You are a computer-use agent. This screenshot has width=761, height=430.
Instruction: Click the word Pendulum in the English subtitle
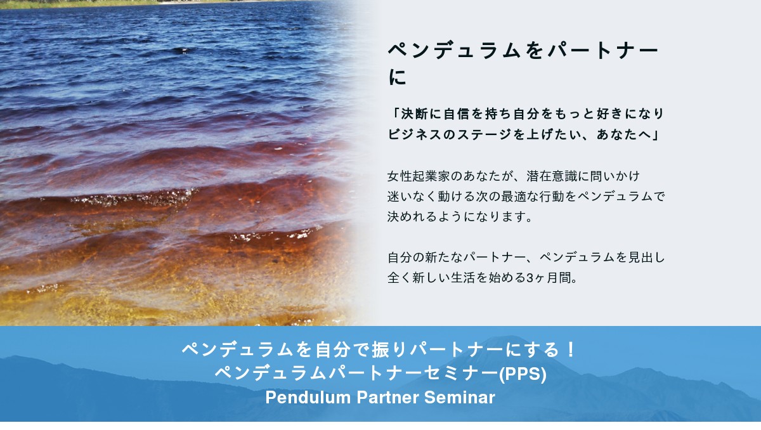tap(308, 397)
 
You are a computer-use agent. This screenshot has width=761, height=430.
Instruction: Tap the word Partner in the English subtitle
tap(387, 397)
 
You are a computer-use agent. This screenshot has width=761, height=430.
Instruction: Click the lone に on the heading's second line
tap(397, 77)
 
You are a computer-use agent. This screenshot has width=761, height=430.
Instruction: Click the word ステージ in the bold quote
tap(484, 134)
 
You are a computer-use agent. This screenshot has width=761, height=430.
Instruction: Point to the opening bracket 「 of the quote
tap(394, 113)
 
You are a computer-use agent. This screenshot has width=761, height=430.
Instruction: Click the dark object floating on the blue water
tap(184, 50)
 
